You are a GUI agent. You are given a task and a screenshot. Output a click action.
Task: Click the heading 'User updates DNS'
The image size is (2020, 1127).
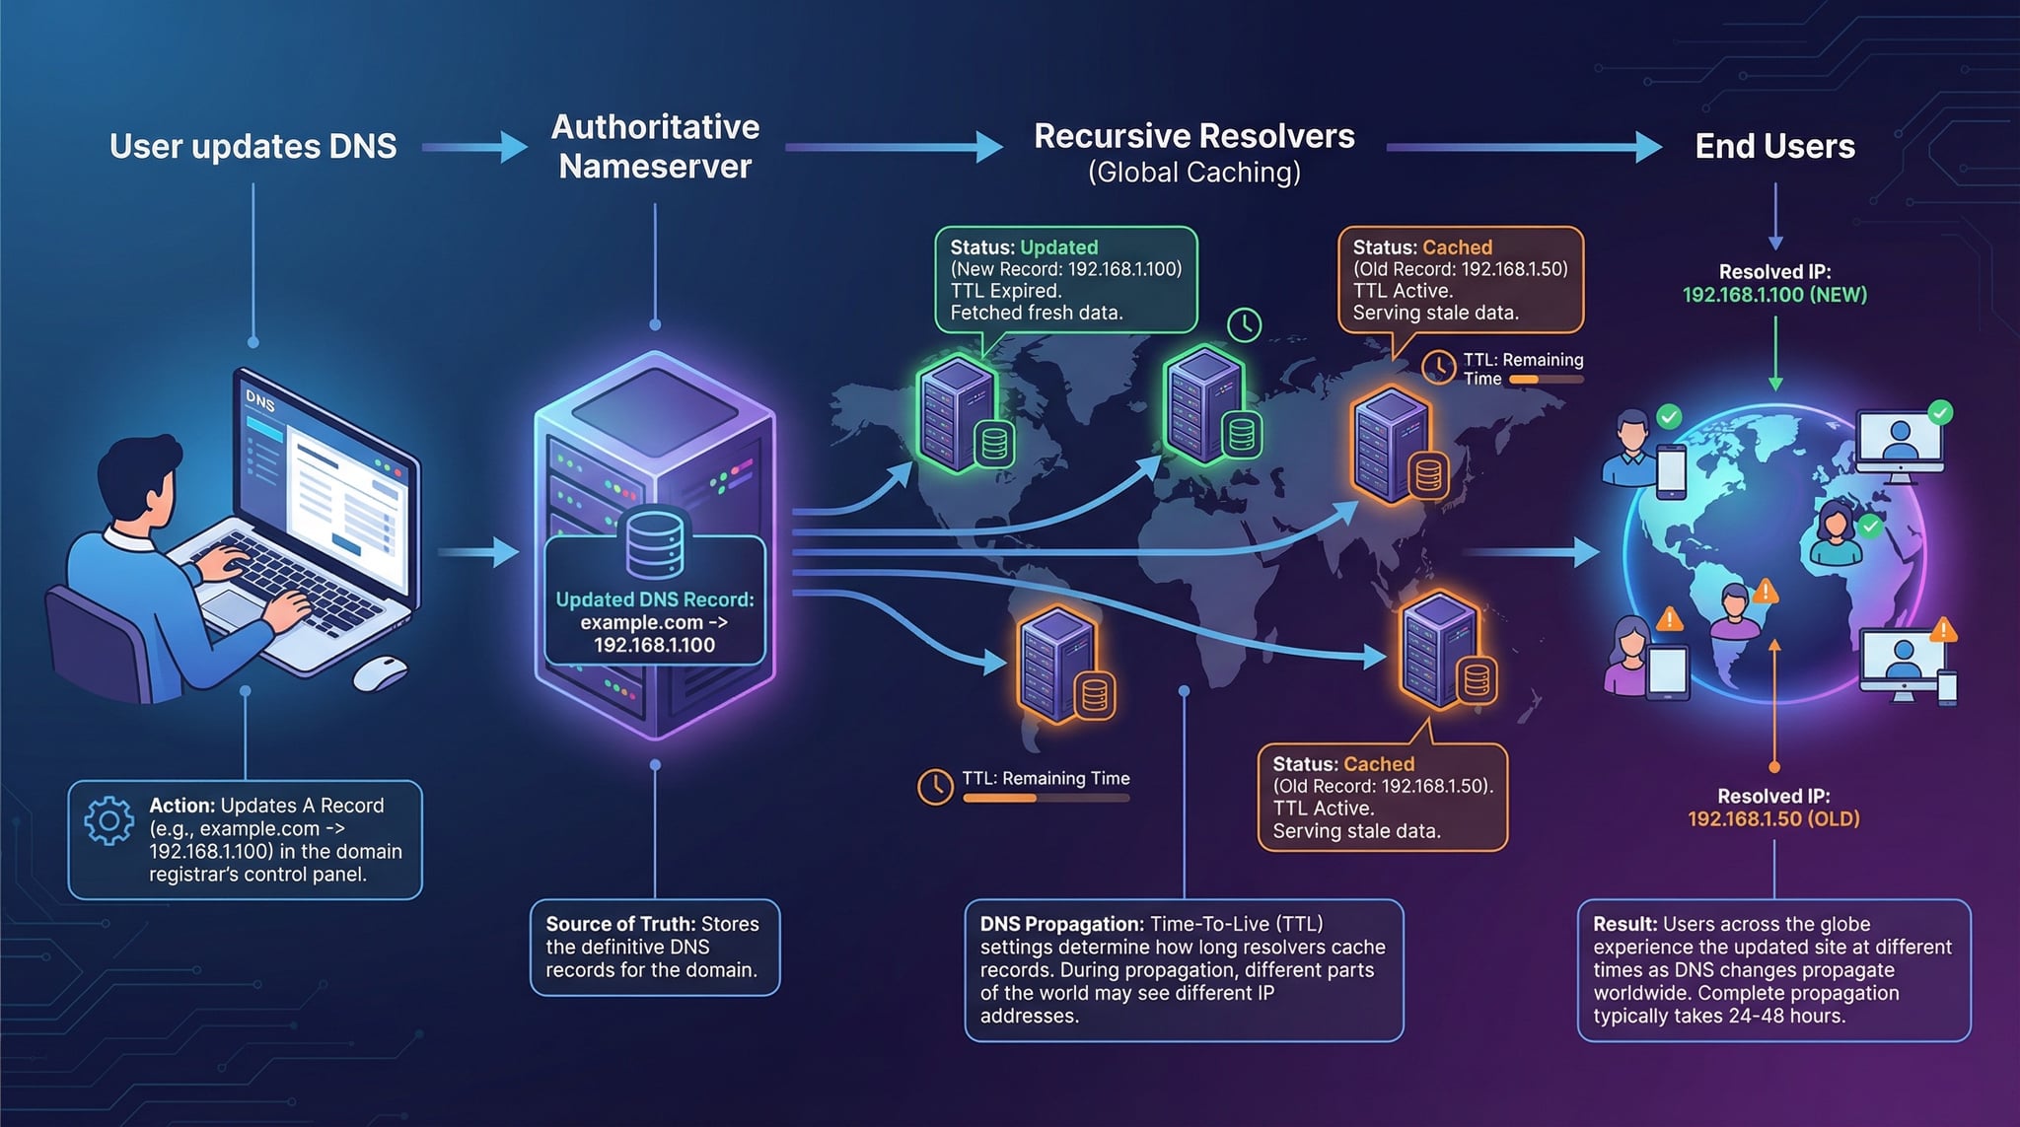point(252,147)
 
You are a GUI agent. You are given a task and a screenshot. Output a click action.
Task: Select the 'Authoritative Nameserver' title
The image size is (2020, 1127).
point(655,147)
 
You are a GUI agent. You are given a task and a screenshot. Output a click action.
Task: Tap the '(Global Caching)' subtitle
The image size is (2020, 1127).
point(1193,173)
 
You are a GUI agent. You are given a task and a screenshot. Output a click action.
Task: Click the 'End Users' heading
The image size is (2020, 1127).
point(1774,147)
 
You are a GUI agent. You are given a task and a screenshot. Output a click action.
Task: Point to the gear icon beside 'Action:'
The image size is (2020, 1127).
point(108,820)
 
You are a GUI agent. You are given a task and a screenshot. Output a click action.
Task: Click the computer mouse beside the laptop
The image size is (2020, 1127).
point(380,673)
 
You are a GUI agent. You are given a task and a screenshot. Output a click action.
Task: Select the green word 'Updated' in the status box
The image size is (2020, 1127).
point(1058,247)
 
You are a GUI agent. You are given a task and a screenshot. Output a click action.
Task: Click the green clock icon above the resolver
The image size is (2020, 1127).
point(1244,324)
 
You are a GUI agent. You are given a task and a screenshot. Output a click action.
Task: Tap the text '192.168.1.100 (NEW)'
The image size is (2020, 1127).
point(1773,295)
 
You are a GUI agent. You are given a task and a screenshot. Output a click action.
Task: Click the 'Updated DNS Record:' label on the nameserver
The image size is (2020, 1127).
point(654,599)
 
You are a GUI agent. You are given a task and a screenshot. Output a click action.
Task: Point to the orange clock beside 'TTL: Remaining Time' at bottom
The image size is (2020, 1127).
point(934,786)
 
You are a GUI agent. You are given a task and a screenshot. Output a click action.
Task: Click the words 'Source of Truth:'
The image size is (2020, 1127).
point(620,924)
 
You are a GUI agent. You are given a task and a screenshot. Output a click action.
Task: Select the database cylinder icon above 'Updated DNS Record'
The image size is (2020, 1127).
point(654,542)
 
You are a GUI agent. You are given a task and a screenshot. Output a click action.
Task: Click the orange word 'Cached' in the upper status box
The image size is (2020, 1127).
point(1457,247)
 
